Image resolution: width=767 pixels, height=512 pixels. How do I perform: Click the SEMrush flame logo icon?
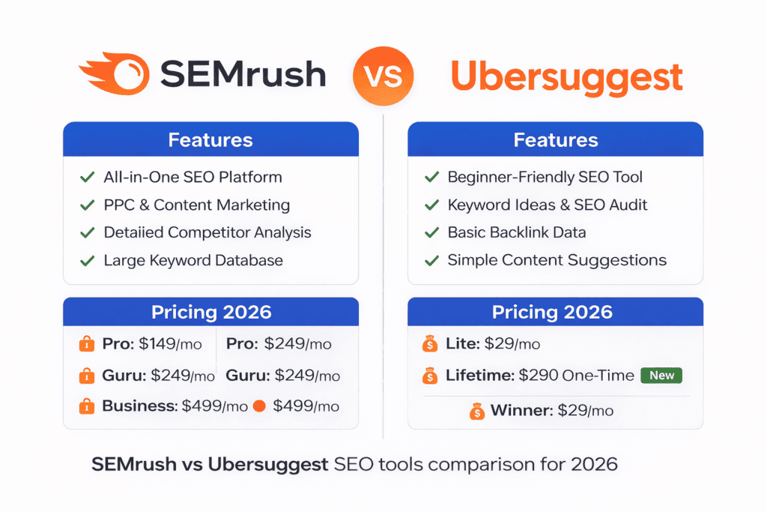(x=113, y=75)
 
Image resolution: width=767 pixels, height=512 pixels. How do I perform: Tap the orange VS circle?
(x=383, y=76)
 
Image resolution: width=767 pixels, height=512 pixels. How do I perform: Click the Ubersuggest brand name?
(x=566, y=76)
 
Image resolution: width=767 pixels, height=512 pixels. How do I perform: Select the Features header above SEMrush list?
(x=210, y=140)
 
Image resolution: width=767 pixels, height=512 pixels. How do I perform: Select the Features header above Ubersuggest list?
(x=555, y=140)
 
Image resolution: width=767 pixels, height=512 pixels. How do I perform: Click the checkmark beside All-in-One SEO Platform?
(x=86, y=178)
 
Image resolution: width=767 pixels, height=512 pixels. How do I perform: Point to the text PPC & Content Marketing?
(x=196, y=205)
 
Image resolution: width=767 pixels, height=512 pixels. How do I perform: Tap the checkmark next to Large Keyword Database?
(x=86, y=261)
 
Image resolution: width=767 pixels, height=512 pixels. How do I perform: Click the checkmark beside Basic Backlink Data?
(x=431, y=233)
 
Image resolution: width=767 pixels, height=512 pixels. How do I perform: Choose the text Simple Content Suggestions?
(x=557, y=261)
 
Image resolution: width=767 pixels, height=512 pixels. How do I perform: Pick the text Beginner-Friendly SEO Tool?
(x=545, y=178)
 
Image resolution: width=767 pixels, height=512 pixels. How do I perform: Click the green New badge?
(x=661, y=376)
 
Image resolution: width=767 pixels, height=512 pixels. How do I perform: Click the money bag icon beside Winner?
(x=477, y=412)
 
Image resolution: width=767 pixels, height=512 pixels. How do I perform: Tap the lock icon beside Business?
(x=86, y=406)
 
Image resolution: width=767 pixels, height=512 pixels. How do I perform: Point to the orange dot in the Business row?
(x=260, y=406)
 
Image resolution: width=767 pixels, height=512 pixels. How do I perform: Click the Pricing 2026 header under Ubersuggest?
(x=555, y=312)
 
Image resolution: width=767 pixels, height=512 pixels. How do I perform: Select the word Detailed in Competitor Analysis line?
(x=136, y=233)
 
